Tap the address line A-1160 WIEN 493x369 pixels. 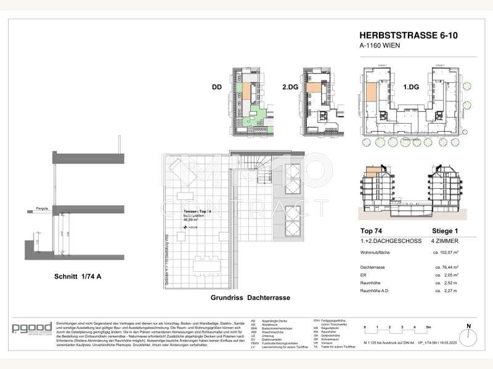381,45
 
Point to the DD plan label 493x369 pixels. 216,88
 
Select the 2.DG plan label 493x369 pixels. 289,88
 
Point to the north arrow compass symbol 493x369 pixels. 468,329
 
